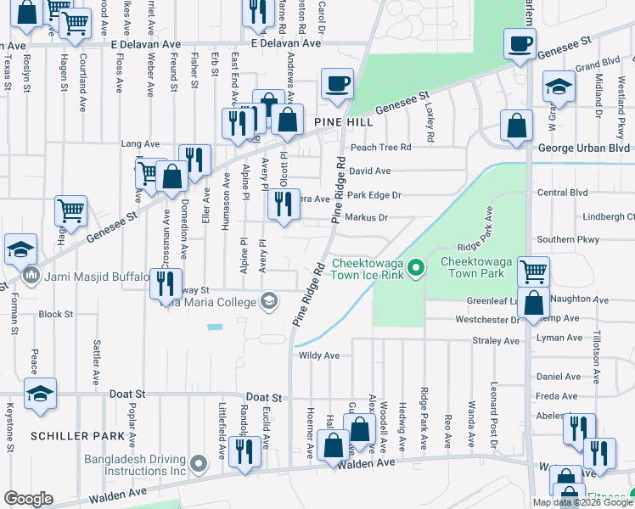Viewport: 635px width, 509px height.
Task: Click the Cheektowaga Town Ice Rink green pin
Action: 415,270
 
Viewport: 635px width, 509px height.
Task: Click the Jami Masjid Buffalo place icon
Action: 32,275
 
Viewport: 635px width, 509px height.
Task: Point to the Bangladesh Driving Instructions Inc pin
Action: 199,464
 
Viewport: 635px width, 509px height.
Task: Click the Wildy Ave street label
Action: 318,355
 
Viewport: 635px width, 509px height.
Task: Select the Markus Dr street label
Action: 368,218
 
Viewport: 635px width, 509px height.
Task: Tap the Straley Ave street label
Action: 496,340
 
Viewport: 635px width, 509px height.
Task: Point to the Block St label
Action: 56,314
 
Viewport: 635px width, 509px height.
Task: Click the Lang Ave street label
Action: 141,144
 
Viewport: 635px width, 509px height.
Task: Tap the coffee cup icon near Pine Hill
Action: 336,85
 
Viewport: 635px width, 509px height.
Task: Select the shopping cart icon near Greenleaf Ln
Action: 532,272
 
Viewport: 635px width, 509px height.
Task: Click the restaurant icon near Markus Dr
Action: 284,204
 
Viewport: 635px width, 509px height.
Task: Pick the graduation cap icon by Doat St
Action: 40,394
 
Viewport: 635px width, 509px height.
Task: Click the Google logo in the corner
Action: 28,499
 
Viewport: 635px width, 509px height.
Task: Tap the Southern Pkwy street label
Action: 573,240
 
